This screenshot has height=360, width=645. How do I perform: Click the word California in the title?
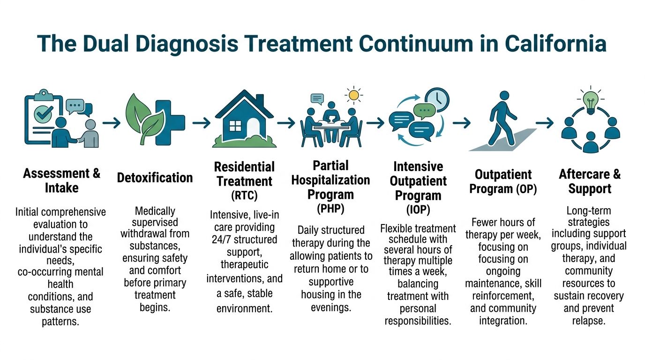tap(555, 44)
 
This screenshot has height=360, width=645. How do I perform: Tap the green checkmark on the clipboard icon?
tap(44, 113)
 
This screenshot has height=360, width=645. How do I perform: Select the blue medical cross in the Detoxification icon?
tap(170, 123)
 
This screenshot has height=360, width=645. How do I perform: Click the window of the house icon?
tap(235, 126)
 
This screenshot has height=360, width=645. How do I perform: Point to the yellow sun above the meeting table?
tap(353, 95)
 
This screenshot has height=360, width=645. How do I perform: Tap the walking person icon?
tap(502, 118)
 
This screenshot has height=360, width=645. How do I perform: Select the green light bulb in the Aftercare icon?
tap(591, 103)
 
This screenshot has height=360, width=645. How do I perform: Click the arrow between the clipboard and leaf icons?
tap(112, 123)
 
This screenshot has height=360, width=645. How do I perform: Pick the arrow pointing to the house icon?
tap(202, 123)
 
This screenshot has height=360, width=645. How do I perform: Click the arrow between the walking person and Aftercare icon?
tap(545, 123)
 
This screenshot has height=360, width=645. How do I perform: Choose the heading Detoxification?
tap(155, 178)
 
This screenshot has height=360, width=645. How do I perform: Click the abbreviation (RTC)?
tap(244, 195)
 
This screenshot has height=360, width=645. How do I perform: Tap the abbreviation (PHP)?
tap(330, 208)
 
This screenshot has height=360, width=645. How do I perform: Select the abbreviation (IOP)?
tap(418, 209)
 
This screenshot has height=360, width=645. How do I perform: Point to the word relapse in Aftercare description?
tap(589, 321)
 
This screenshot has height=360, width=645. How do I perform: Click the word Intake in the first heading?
tap(61, 188)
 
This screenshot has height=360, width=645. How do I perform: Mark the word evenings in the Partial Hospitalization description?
tap(331, 307)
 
